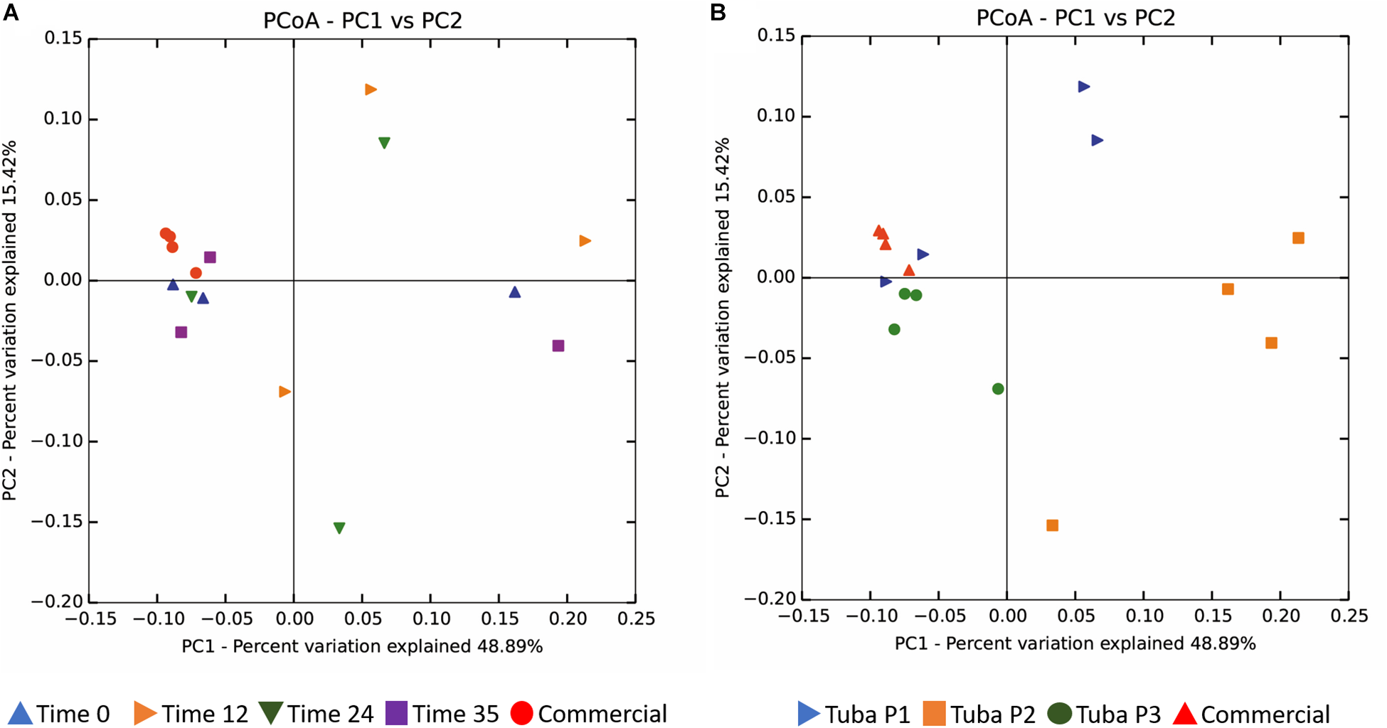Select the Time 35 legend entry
[x=442, y=713]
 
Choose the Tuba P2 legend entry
[x=979, y=714]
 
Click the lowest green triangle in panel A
[x=339, y=528]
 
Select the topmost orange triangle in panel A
[x=371, y=90]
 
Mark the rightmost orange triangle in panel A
[x=585, y=241]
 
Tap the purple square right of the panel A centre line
[x=558, y=346]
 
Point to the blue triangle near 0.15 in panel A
[x=515, y=292]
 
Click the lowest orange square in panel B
[x=1053, y=525]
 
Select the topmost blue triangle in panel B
[x=1083, y=87]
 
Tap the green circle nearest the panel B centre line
[x=998, y=389]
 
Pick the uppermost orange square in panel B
[x=1298, y=238]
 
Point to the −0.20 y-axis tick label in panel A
[x=57, y=601]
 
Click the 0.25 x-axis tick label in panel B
[x=1349, y=616]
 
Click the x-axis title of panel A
[x=362, y=646]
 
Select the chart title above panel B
[x=1075, y=18]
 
